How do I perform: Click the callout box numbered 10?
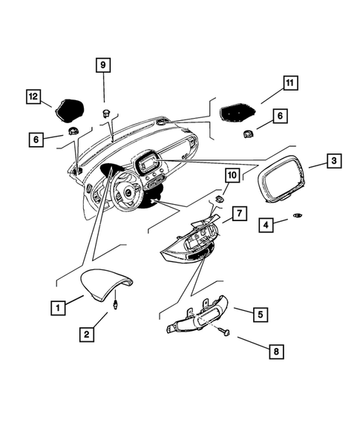click(x=232, y=175)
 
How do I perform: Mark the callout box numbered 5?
click(x=258, y=314)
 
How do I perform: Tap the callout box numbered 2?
click(x=87, y=335)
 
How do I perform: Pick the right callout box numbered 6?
click(x=280, y=116)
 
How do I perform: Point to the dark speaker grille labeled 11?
click(x=239, y=113)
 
